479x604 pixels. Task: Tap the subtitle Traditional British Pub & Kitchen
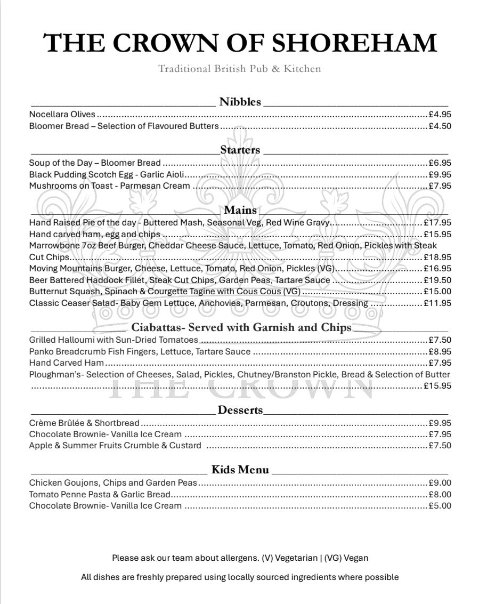[x=240, y=69]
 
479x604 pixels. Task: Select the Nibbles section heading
[x=240, y=102]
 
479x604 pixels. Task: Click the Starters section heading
[x=240, y=150]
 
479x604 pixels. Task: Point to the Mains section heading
[x=240, y=210]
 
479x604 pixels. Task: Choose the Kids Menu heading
[x=240, y=470]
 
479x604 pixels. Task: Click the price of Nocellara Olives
[x=440, y=114]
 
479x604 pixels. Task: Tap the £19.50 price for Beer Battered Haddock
[x=437, y=280]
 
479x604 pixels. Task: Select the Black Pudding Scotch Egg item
[x=107, y=174]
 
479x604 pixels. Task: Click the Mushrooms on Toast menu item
[x=109, y=186]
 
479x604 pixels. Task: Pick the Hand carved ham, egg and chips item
[x=94, y=234]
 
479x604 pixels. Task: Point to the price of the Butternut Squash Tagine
[x=437, y=292]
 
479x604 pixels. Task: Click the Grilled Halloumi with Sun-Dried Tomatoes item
[x=113, y=340]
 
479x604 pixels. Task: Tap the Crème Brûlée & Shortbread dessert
[x=84, y=423]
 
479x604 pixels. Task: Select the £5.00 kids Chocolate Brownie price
[x=440, y=505]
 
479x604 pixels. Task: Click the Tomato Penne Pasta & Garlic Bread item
[x=100, y=494]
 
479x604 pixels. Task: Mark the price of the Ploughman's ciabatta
[x=437, y=385]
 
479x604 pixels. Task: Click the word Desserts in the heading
[x=240, y=410]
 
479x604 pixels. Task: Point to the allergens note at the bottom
[x=240, y=558]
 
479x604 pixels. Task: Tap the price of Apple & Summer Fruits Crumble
[x=440, y=445]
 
